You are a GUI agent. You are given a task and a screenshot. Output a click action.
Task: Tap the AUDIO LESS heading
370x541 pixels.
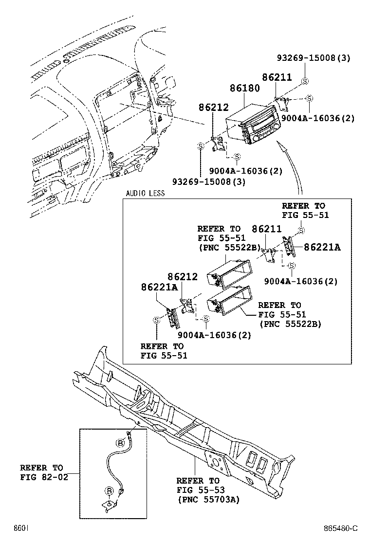coord(145,193)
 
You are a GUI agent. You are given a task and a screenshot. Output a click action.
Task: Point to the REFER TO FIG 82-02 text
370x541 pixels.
coord(41,472)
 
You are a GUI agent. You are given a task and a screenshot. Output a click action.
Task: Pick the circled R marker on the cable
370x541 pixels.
coord(110,490)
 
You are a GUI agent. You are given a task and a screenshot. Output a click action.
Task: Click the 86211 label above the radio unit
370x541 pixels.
coord(277,77)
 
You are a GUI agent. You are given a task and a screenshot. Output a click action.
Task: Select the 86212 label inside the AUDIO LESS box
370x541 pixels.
coord(183,277)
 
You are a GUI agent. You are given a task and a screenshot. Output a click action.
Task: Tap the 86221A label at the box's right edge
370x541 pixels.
coord(322,247)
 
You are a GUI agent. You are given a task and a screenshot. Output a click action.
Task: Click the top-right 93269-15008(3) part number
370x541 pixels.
coord(320,58)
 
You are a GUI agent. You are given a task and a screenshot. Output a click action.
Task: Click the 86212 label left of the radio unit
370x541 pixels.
coord(213,107)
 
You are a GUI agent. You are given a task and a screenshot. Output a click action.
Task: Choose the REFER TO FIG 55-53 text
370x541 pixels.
coord(198,485)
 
